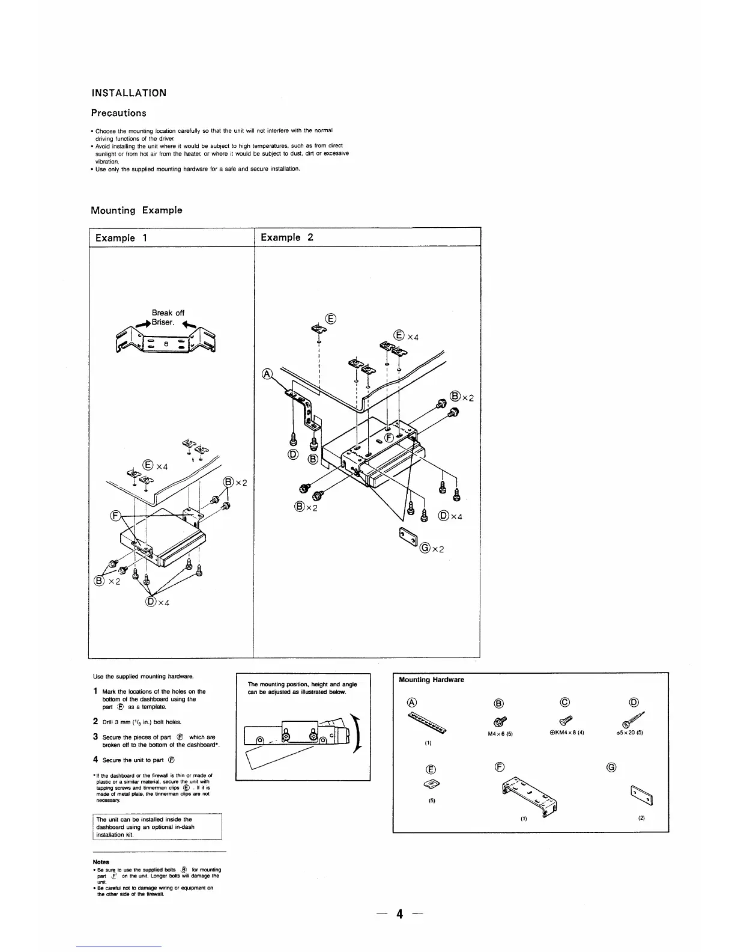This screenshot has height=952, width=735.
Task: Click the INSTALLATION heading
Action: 129,93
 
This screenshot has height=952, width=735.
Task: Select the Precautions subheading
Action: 118,113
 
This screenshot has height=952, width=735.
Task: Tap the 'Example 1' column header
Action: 118,237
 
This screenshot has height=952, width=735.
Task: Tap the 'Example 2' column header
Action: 286,237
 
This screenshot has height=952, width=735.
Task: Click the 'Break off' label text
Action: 168,313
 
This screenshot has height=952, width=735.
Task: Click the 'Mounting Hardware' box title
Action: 432,680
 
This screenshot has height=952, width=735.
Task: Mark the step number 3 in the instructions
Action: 95,737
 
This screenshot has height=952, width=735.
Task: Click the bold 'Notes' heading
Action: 101,862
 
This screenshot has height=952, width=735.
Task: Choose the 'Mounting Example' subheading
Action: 136,210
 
